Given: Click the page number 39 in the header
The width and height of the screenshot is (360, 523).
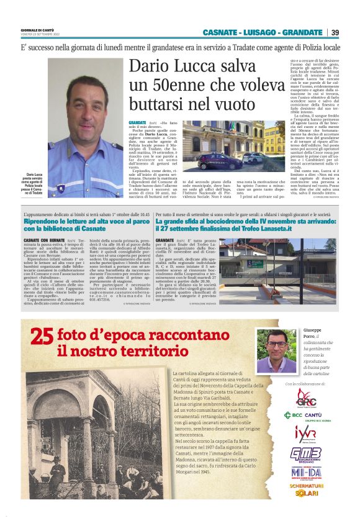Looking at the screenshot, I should (x=335, y=32).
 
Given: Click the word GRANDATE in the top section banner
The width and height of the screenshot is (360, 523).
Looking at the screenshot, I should (x=302, y=32).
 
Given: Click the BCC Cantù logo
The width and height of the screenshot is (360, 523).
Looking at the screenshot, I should (x=306, y=415).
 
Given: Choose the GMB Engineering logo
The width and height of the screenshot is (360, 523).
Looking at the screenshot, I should (x=306, y=454).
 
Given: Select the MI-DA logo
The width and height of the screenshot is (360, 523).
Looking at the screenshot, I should (x=306, y=473).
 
